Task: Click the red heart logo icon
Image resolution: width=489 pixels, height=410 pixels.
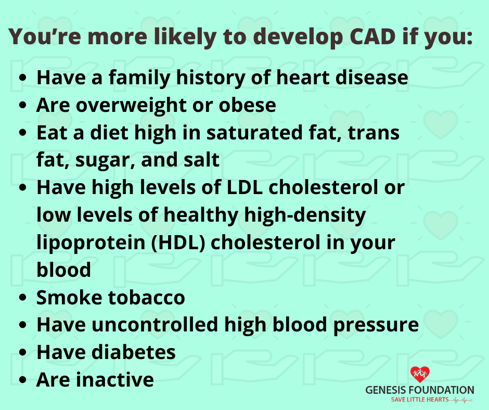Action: (420, 374)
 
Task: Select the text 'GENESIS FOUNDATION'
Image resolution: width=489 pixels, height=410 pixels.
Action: (420, 390)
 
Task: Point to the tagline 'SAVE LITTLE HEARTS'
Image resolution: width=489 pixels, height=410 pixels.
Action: (420, 400)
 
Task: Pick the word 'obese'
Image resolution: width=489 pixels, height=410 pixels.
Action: (247, 105)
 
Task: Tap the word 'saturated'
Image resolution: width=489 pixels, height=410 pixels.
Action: (254, 133)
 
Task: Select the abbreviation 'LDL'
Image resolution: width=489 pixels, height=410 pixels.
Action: (244, 187)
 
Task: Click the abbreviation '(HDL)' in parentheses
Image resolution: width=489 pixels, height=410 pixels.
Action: (178, 243)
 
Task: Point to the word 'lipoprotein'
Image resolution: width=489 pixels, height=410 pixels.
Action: (91, 244)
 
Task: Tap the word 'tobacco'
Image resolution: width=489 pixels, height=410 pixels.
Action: (146, 298)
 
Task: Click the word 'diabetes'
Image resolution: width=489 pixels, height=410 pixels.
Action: (134, 352)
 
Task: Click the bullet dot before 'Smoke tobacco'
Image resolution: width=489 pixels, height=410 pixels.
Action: (23, 298)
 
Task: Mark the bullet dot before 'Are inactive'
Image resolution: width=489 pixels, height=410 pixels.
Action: (23, 380)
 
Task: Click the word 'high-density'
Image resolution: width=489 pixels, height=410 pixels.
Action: (305, 216)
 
